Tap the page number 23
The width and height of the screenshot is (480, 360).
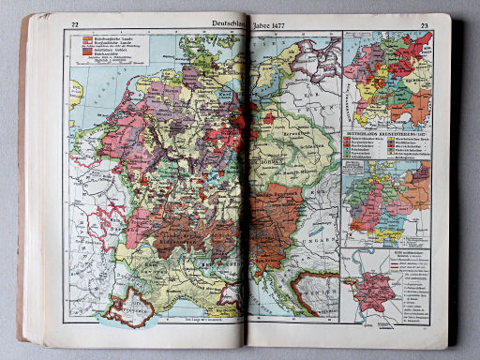click(x=424, y=26)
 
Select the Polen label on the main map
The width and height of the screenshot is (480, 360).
click(x=319, y=103)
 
